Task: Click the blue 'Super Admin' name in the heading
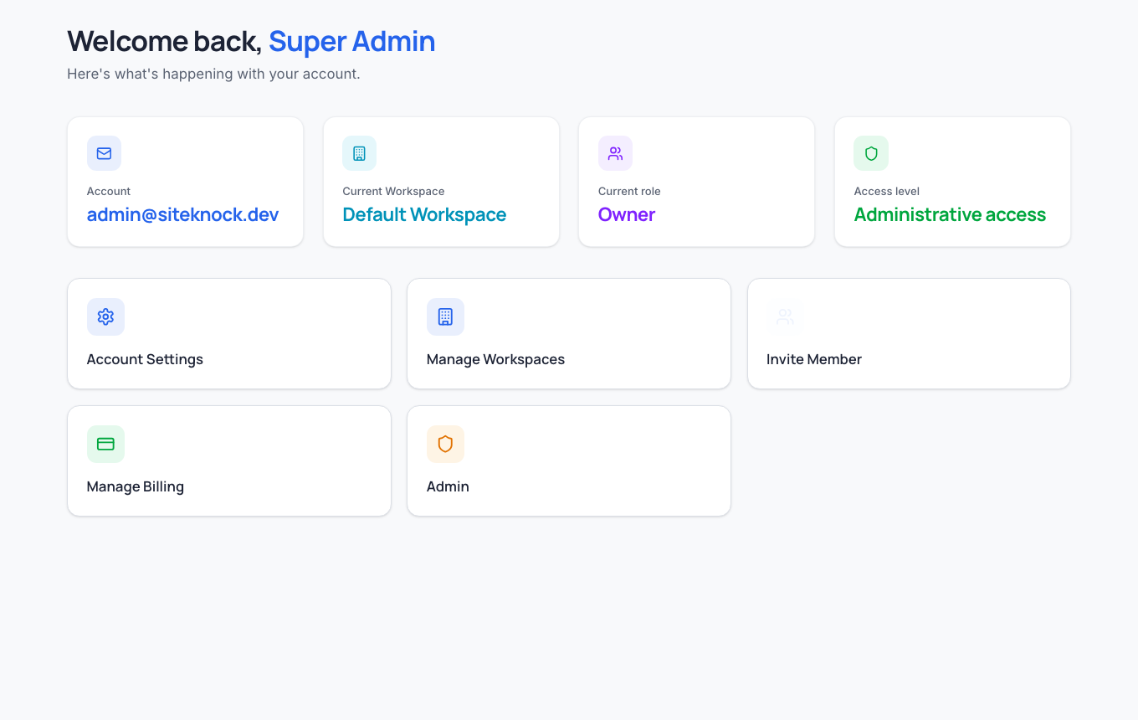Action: coord(351,41)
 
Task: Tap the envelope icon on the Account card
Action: coord(104,153)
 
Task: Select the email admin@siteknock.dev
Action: coord(182,214)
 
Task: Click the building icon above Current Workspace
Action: coord(359,153)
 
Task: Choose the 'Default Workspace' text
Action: coord(424,214)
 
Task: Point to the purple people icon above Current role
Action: coord(615,153)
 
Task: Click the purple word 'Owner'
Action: coord(627,214)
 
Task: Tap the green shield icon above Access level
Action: coord(871,153)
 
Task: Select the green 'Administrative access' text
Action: coord(950,214)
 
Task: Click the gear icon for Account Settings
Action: coord(105,316)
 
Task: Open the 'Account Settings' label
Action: coord(145,359)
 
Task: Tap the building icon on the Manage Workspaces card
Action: coord(445,316)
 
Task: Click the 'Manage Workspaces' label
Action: coord(495,359)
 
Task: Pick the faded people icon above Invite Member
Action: coord(785,316)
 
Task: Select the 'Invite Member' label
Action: coord(814,359)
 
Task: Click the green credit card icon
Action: coord(105,444)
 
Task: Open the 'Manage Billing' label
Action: coord(136,486)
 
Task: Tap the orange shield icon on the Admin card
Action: coord(445,444)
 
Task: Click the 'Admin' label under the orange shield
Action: coord(448,486)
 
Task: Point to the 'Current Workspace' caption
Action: coord(393,191)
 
